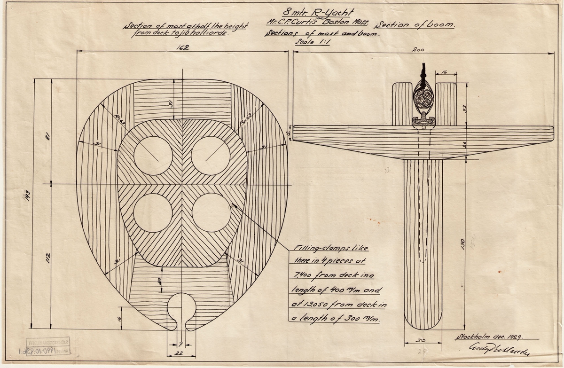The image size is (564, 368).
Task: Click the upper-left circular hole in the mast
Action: [x=153, y=156]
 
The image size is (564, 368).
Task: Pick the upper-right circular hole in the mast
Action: [x=211, y=156]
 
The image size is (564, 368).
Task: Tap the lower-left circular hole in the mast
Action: [x=153, y=212]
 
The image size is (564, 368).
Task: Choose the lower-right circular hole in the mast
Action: [x=211, y=212]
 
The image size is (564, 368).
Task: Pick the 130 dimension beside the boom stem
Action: [x=463, y=243]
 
